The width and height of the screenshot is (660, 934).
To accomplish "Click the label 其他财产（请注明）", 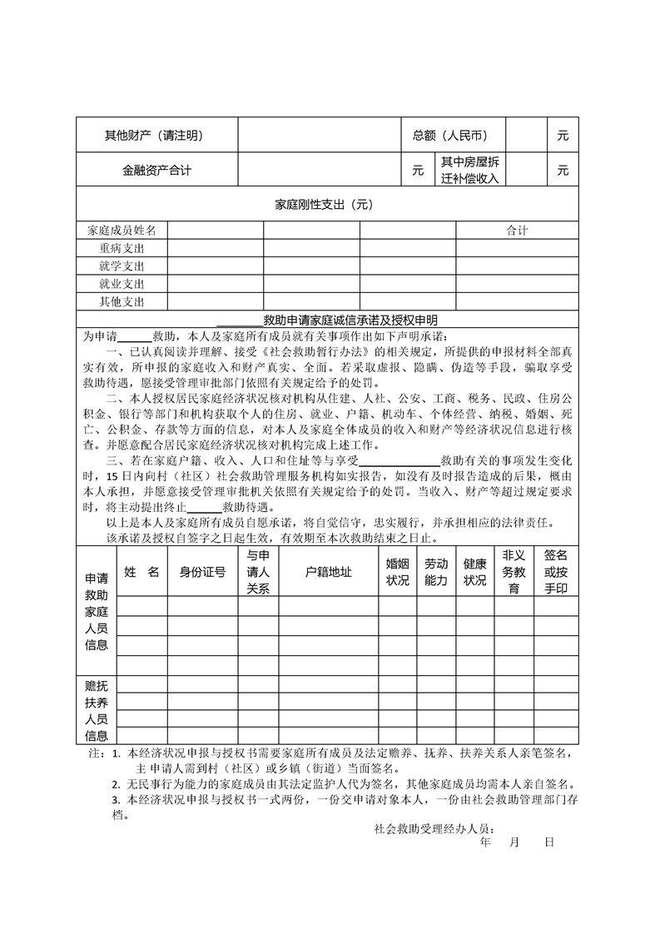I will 153,136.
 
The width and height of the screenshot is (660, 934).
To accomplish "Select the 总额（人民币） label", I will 449,136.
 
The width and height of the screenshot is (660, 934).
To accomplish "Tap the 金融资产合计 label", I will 156,171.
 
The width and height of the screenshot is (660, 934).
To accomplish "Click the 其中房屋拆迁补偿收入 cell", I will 469,170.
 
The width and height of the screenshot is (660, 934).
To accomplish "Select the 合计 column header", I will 517,231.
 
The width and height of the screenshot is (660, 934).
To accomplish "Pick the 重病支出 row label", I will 122,248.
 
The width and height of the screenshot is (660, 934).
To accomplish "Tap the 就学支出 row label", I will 122,266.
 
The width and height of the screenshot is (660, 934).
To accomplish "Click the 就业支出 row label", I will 122,284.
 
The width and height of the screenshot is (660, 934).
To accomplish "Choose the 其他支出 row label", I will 122,301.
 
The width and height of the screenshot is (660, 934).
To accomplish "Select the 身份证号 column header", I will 203,572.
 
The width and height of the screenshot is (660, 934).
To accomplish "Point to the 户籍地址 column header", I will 328,572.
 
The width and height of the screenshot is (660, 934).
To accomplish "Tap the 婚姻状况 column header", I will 398,572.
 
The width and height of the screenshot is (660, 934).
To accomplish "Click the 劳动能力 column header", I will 436,572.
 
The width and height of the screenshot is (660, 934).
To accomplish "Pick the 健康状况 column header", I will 475,572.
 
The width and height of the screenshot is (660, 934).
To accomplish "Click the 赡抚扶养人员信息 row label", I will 97,710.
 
